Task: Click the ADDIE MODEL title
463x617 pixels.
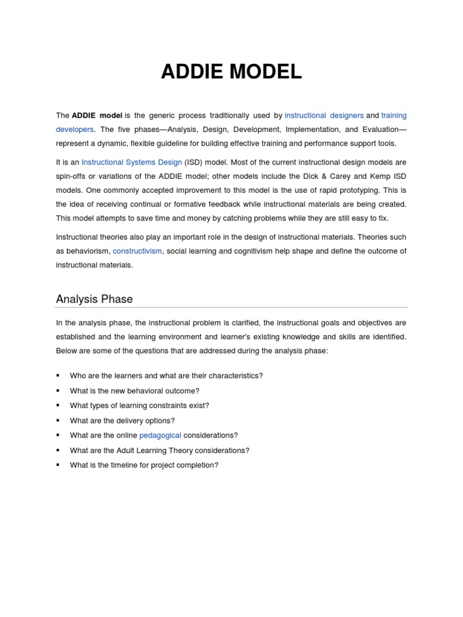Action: tap(231, 72)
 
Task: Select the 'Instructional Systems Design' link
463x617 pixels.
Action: tap(131, 162)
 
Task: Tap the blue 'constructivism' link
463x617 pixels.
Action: tap(137, 251)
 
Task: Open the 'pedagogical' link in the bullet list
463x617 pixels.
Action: tap(160, 435)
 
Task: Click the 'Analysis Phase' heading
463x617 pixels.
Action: tap(94, 299)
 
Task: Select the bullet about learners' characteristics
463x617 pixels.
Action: tap(166, 375)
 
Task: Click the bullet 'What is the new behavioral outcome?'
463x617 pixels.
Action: tap(134, 390)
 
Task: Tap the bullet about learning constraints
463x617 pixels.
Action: tap(139, 406)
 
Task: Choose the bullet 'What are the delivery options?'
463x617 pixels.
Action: tap(122, 421)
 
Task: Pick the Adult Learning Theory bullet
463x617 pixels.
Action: tap(159, 450)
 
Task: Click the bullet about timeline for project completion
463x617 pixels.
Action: tap(143, 465)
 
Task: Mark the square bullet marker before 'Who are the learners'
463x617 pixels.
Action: tap(58, 375)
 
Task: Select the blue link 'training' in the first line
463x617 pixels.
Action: tap(394, 115)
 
